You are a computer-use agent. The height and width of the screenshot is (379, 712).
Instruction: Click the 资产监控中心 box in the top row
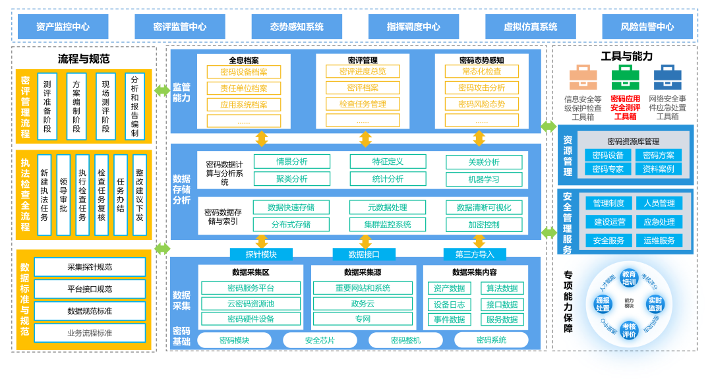tap(63, 27)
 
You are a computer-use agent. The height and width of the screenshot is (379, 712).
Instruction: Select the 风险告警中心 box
tap(647, 27)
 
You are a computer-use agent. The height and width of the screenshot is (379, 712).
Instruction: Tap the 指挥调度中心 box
tap(413, 27)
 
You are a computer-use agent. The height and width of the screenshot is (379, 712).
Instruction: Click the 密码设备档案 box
tap(244, 72)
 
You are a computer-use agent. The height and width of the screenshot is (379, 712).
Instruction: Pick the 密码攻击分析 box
tap(481, 88)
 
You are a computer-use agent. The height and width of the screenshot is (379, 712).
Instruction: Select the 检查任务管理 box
tap(363, 104)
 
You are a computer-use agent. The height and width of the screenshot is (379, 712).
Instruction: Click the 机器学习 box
tap(484, 179)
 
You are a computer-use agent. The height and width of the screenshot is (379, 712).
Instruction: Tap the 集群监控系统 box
tap(388, 224)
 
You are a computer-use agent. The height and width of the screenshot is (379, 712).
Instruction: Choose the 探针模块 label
tap(261, 254)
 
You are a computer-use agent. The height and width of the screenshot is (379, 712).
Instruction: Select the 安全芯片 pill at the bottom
tap(320, 340)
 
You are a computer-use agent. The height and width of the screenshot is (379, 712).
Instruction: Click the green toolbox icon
tap(625, 77)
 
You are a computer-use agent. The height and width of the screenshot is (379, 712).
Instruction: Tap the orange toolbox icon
tap(583, 77)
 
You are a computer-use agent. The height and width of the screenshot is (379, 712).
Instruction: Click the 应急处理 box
tap(659, 222)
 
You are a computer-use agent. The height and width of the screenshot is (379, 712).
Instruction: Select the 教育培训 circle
tap(629, 278)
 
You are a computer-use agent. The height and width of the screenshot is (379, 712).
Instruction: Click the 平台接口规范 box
tap(90, 289)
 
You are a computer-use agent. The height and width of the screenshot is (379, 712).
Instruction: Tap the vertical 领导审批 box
tap(63, 194)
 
